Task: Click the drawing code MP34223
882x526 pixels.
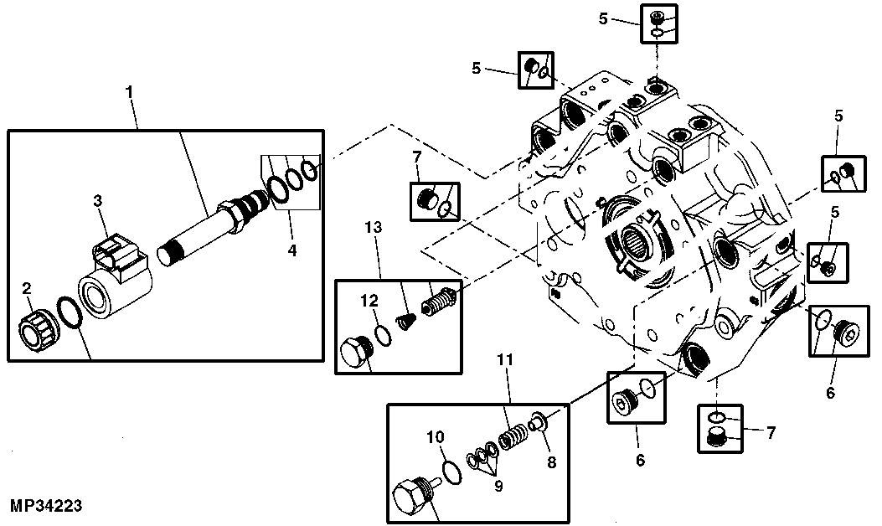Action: tap(46, 505)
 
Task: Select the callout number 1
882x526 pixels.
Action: tap(129, 90)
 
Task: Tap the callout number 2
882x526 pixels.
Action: tap(27, 289)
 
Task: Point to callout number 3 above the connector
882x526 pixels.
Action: tap(98, 199)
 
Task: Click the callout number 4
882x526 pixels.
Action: tap(292, 250)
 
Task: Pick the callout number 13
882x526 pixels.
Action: tap(373, 227)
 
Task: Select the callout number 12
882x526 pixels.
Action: tap(369, 301)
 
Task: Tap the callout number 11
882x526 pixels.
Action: tap(505, 358)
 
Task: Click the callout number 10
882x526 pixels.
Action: tap(436, 436)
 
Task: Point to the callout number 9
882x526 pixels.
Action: tap(498, 486)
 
